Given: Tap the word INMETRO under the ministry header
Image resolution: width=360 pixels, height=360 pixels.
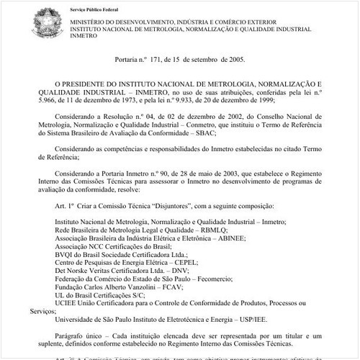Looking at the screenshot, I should pyautogui.click(x=81, y=37).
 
